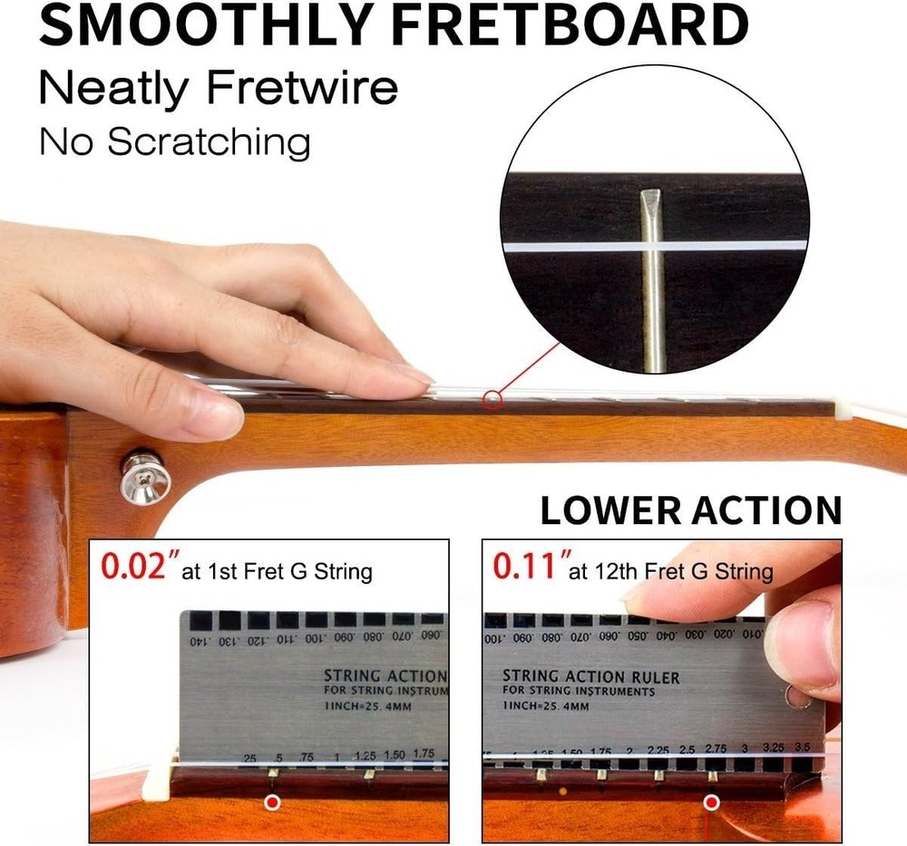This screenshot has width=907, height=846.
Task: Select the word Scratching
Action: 209,142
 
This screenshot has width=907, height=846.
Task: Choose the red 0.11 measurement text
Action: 526,568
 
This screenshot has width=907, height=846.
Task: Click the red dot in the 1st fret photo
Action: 271,802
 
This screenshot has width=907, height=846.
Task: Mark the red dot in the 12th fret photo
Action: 712,802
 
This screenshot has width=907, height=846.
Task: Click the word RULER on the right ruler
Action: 649,677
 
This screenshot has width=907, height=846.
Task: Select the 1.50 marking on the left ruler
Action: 395,754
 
